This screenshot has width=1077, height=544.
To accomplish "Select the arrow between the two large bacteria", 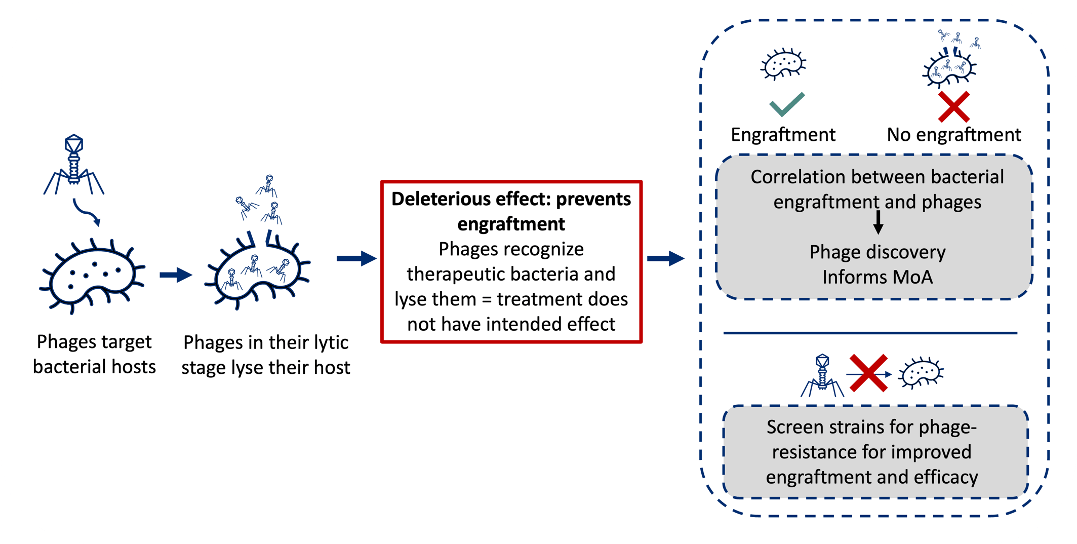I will click(175, 275).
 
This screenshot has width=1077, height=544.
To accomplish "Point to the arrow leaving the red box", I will click(665, 258).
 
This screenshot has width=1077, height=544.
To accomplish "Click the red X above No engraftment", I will click(953, 107).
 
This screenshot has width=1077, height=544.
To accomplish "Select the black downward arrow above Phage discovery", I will click(879, 222).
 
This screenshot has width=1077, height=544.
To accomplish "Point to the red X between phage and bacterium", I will click(868, 373).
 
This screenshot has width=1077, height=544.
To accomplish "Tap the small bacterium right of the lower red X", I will click(921, 373).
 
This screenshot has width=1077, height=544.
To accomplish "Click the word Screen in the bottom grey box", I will click(794, 427).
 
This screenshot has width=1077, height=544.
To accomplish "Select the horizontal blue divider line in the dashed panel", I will click(870, 333).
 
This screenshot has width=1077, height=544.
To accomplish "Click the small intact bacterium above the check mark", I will click(783, 65).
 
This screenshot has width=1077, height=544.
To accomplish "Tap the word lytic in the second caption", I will click(330, 343).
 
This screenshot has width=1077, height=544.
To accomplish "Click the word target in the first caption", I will click(129, 342).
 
